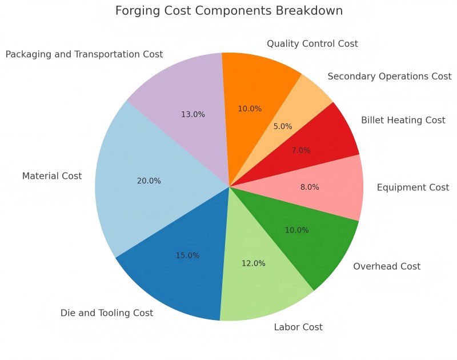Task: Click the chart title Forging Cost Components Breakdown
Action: click(229, 11)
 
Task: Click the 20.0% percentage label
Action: click(149, 181)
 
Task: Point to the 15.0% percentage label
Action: click(187, 255)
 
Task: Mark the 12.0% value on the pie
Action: click(254, 263)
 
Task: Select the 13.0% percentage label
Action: click(193, 114)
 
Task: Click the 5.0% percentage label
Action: click(283, 126)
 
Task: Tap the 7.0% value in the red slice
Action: click(301, 150)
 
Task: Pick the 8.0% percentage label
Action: click(310, 187)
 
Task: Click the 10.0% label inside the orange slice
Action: click(250, 109)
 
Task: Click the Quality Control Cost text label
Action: click(312, 43)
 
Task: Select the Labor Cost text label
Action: click(298, 327)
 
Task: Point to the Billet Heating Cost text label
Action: click(403, 120)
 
